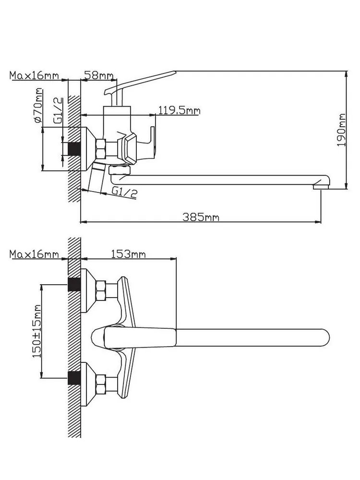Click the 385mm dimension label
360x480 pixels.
coord(201,217)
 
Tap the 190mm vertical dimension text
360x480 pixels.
coord(341,130)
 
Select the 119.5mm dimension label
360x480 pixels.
coord(179,110)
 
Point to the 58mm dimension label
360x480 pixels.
coord(98,75)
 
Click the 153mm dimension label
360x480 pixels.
coord(128,254)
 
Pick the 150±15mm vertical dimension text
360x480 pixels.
coord(37,331)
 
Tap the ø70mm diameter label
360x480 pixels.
coord(38,106)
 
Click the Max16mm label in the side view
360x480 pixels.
coord(34,75)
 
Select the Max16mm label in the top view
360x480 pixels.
coord(34,254)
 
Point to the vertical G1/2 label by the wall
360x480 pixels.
coord(58,110)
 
